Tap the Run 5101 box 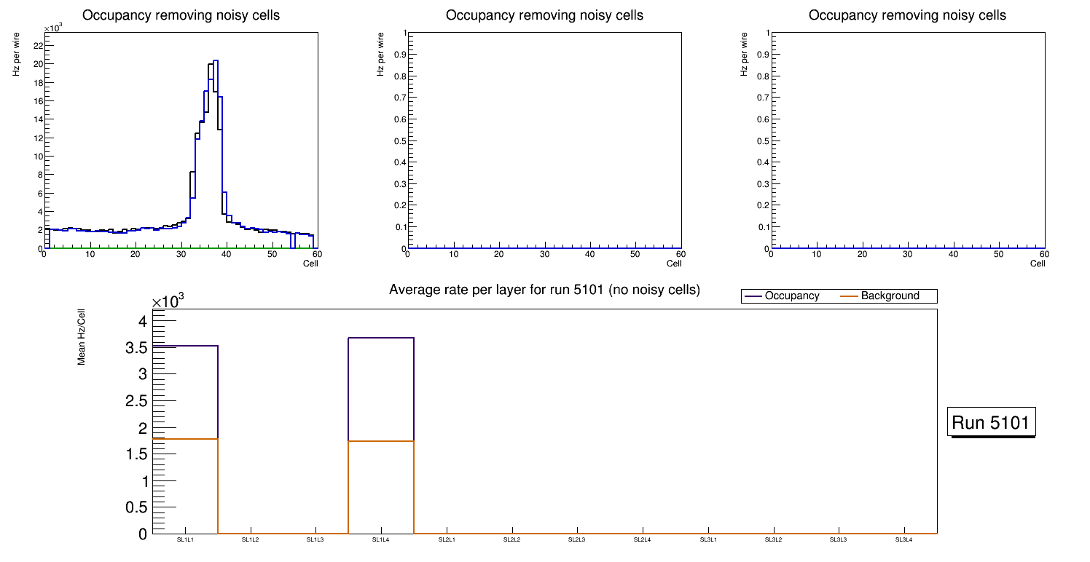pyautogui.click(x=991, y=422)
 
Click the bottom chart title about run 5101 pyautogui.click(x=544, y=290)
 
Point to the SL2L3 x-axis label pyautogui.click(x=577, y=539)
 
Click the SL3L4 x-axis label pyautogui.click(x=903, y=539)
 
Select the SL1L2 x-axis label pyautogui.click(x=251, y=539)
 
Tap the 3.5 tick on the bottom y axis pyautogui.click(x=138, y=348)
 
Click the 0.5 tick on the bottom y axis pyautogui.click(x=138, y=507)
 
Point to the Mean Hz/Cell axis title pyautogui.click(x=82, y=337)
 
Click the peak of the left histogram pyautogui.click(x=216, y=61)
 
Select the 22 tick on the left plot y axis pyautogui.click(x=37, y=45)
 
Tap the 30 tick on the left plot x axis pyautogui.click(x=181, y=254)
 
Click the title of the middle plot pyautogui.click(x=544, y=15)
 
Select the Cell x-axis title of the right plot pyautogui.click(x=1038, y=264)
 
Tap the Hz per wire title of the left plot pyautogui.click(x=16, y=60)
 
